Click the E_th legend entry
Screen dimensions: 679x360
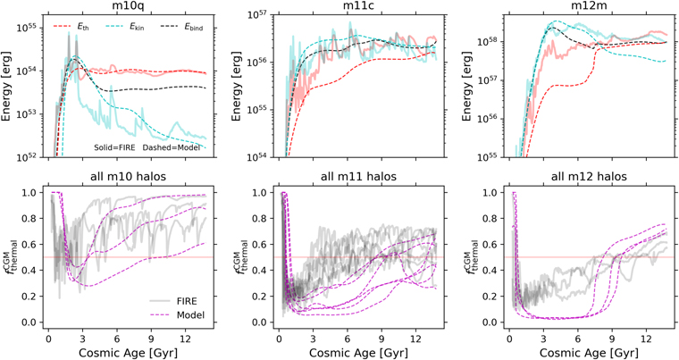[x=71, y=27]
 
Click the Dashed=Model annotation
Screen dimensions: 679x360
[x=172, y=147]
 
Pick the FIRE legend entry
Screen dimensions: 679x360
[x=178, y=301]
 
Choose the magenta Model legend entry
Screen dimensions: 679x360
[x=178, y=315]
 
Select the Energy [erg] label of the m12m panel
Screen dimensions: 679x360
[x=466, y=86]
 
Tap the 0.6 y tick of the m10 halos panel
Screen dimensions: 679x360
[x=34, y=245]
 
